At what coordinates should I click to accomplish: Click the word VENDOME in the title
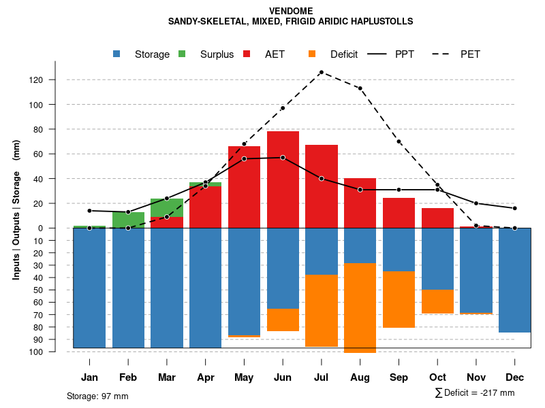point(291,11)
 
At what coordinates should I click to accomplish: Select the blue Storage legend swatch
point(118,54)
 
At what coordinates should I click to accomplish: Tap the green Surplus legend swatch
point(182,54)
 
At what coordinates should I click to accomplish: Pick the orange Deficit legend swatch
point(312,54)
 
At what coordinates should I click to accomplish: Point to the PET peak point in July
point(321,72)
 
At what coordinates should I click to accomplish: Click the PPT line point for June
point(283,158)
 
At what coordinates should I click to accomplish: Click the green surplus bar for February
point(128,220)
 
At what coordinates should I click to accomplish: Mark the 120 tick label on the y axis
point(36,80)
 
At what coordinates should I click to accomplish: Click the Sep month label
point(399,377)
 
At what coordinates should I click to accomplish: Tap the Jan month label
point(89,377)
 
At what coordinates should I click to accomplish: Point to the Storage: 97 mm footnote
point(97,396)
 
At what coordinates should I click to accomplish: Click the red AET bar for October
point(437,218)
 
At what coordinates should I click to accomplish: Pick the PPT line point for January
point(89,211)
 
